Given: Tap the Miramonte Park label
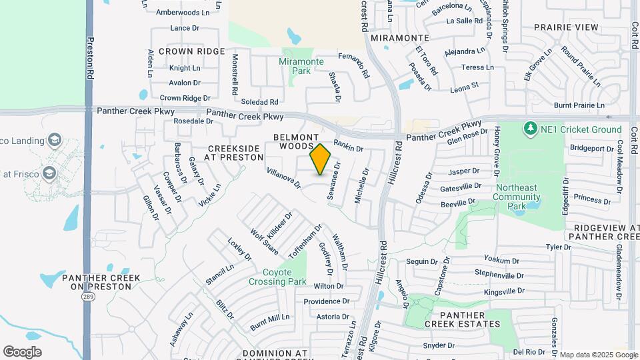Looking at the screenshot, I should coord(301,66).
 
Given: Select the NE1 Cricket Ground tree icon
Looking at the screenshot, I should coord(531,127).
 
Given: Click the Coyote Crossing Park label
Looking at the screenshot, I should coord(277,277).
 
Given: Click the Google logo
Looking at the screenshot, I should coord(22,351).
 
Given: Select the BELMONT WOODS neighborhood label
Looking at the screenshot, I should coord(293,141).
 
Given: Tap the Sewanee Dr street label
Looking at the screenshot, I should coord(333,181).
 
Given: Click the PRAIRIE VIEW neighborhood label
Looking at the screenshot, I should coord(567,27).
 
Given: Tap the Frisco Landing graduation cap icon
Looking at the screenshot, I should coord(55,141).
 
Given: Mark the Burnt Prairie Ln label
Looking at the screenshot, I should coord(579,105).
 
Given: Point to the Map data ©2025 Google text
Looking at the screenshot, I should coord(598,355).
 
